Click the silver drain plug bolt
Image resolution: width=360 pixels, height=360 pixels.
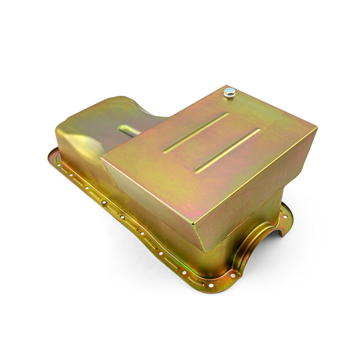click(230, 92)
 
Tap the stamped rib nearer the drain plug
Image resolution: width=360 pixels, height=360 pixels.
click(196, 133)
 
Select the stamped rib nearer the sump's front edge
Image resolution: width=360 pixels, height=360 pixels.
click(228, 151)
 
